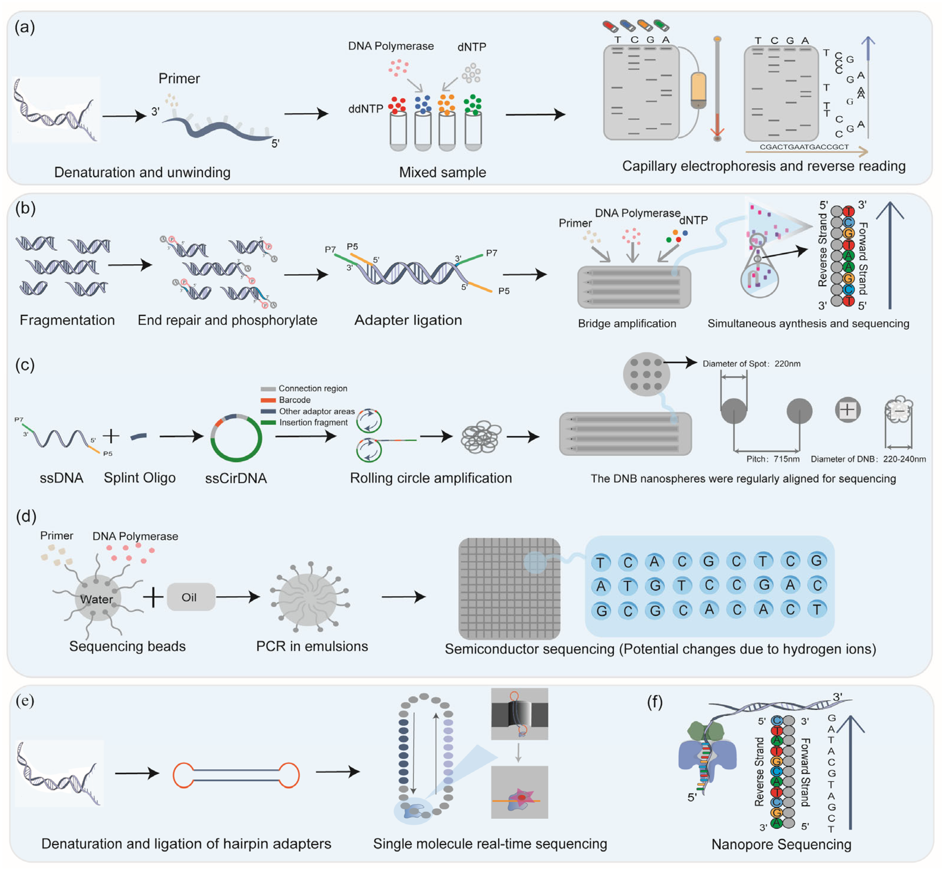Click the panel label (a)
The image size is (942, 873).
(x=25, y=27)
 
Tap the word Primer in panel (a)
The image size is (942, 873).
(x=179, y=79)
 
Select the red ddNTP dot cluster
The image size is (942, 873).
(x=397, y=105)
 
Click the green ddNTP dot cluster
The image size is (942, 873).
(x=472, y=105)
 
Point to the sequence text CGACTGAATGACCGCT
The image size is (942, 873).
(x=804, y=147)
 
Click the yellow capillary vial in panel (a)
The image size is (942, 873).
(x=698, y=90)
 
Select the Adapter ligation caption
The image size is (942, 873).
(x=408, y=320)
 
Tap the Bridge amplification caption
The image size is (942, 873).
(x=627, y=324)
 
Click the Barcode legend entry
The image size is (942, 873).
(x=294, y=400)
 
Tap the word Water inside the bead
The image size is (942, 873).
(x=96, y=599)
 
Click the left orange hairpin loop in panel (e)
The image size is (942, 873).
(x=183, y=775)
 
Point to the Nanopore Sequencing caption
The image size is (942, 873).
(x=781, y=844)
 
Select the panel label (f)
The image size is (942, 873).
(x=654, y=702)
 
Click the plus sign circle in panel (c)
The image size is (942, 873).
(x=847, y=410)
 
